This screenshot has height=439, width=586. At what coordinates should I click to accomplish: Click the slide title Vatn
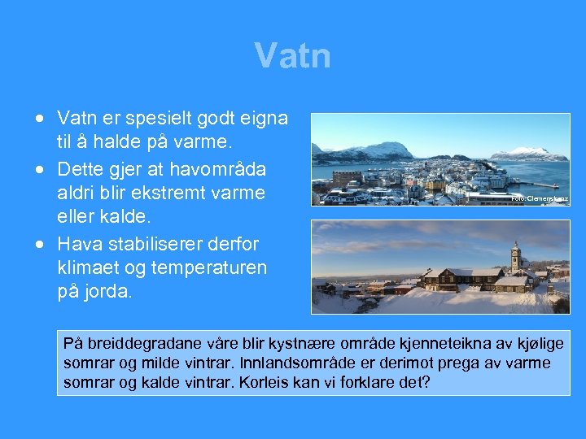click(x=292, y=56)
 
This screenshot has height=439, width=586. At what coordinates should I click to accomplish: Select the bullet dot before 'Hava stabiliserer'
click(x=39, y=243)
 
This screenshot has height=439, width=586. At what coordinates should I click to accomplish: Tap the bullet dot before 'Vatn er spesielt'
click(x=39, y=119)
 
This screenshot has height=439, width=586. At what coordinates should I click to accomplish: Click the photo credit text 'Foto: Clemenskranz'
click(x=539, y=198)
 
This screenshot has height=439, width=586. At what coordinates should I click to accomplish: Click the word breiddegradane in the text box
click(x=133, y=344)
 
